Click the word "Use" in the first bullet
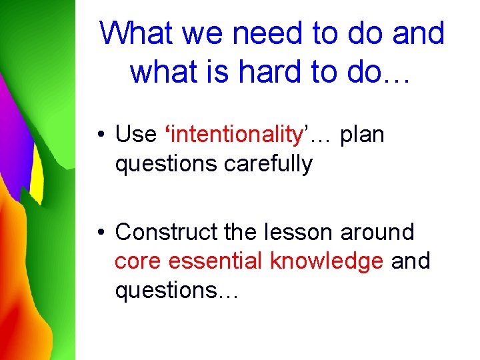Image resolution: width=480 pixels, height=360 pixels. coord(135,134)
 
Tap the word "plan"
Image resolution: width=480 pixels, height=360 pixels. coord(362,134)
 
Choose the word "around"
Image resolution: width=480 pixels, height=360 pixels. coord(377,232)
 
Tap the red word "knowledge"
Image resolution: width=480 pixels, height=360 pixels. coord(327,261)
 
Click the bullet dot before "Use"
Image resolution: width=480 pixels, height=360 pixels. coord(99,135)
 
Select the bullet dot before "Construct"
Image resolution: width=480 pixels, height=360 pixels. coord(99,233)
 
